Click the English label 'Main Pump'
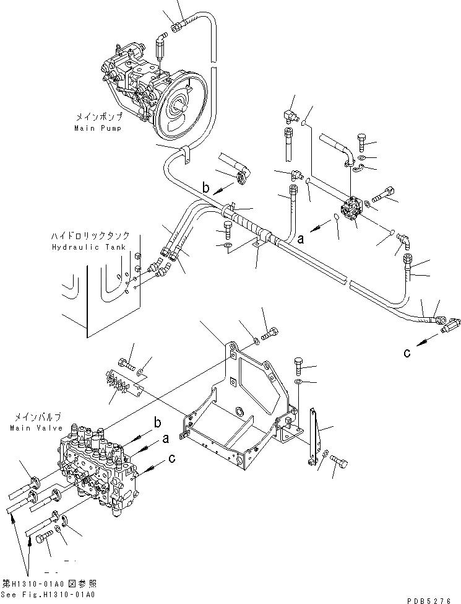(x=98, y=128)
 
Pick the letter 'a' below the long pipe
(x=301, y=237)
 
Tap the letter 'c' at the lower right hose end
(x=407, y=353)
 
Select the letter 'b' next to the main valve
(x=158, y=422)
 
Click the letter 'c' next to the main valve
(x=171, y=460)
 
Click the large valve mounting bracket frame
(x=241, y=409)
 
